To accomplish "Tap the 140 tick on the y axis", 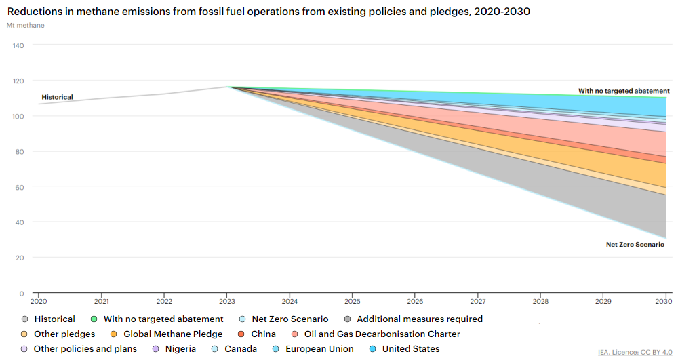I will pyautogui.click(x=18, y=45).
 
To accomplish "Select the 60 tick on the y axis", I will pyautogui.click(x=20, y=187).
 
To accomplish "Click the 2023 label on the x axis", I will pyautogui.click(x=227, y=301).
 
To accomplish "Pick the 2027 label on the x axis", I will pyautogui.click(x=478, y=301).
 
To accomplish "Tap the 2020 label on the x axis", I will pyautogui.click(x=39, y=301).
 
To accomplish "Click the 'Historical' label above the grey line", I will pyautogui.click(x=57, y=97).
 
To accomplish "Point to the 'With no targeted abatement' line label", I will pyautogui.click(x=624, y=91).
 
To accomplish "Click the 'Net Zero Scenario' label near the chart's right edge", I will pyautogui.click(x=635, y=244).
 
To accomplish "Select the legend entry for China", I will pyautogui.click(x=263, y=334).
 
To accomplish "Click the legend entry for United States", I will pyautogui.click(x=410, y=349).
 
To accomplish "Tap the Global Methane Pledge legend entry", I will pyautogui.click(x=172, y=334).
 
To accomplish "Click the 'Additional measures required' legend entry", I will pyautogui.click(x=420, y=319).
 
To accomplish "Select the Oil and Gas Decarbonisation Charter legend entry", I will pyautogui.click(x=382, y=334).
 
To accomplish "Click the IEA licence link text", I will pyautogui.click(x=635, y=352).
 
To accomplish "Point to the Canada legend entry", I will pyautogui.click(x=241, y=349).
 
